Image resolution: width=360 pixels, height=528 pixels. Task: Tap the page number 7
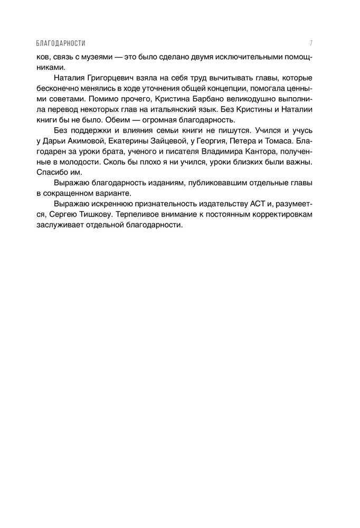(x=312, y=43)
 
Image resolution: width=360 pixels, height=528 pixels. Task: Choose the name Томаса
(x=279, y=141)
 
